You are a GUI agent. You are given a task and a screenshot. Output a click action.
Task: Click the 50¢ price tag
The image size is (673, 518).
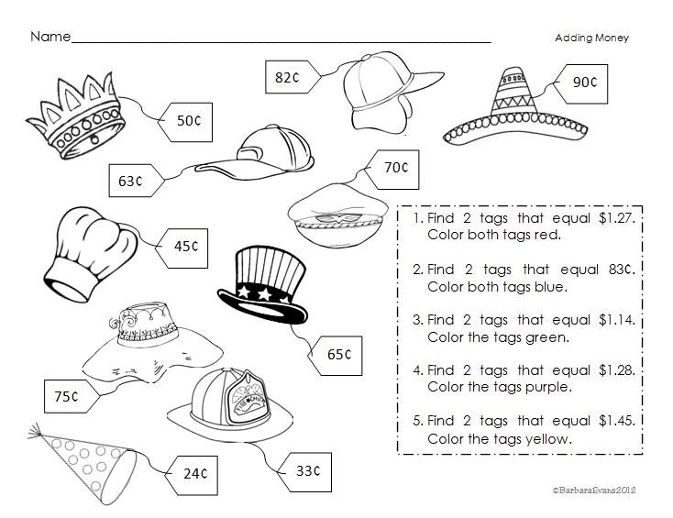pyautogui.click(x=187, y=120)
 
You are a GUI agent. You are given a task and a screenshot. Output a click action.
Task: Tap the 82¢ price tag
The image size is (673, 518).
pyautogui.click(x=288, y=78)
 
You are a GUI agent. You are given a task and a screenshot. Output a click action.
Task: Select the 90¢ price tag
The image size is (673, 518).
pyautogui.click(x=584, y=82)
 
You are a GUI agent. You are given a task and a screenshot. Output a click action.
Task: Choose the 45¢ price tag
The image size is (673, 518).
pyautogui.click(x=185, y=246)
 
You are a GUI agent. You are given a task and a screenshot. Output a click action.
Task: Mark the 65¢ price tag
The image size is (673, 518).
pyautogui.click(x=337, y=354)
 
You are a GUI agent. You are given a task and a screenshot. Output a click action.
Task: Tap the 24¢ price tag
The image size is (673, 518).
pyautogui.click(x=193, y=473)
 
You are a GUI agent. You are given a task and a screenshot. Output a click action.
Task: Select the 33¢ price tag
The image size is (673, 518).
pyautogui.click(x=305, y=471)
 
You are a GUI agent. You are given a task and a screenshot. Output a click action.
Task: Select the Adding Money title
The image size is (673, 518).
pyautogui.click(x=591, y=38)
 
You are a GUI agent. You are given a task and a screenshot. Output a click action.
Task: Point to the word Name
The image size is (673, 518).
pyautogui.click(x=50, y=38)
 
